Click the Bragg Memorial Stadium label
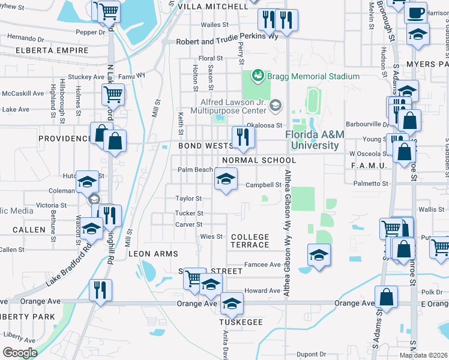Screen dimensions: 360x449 point(314,76)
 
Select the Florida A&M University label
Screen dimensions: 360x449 point(315,140)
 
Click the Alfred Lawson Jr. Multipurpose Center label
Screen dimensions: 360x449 point(228,106)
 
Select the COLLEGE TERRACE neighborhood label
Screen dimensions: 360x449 point(250,241)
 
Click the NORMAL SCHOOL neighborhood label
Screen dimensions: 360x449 point(259,160)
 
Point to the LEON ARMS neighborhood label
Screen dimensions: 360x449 point(154,254)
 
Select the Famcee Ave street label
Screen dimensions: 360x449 point(262,265)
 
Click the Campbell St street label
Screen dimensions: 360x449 point(264,185)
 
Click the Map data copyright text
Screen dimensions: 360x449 point(423,356)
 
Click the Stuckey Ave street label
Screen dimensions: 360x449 point(86,77)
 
